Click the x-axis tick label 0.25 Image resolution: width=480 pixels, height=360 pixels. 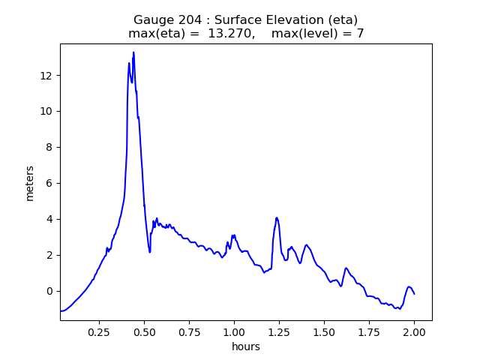pyautogui.click(x=99, y=331)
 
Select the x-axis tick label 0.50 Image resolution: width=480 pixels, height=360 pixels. pyautogui.click(x=144, y=331)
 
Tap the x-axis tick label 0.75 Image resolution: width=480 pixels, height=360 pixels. pyautogui.click(x=189, y=331)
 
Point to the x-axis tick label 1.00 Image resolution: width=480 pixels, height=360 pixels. pyautogui.click(x=234, y=331)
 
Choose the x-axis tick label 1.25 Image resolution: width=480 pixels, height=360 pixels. pyautogui.click(x=279, y=331)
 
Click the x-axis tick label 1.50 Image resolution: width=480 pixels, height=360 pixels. pyautogui.click(x=324, y=331)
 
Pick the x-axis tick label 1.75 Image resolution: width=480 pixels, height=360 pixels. pyautogui.click(x=369, y=331)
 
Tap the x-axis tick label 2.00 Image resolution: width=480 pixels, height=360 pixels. pyautogui.click(x=414, y=331)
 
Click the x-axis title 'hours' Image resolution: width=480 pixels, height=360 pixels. pyautogui.click(x=246, y=346)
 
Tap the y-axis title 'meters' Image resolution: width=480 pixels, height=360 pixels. pyautogui.click(x=30, y=183)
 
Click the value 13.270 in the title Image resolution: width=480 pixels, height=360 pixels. pyautogui.click(x=234, y=34)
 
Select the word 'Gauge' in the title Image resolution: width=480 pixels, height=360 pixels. pyautogui.click(x=153, y=19)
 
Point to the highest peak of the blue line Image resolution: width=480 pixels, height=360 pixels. pyautogui.click(x=133, y=52)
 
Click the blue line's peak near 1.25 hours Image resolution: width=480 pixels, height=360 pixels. pyautogui.click(x=277, y=217)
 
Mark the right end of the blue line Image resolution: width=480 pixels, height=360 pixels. pyautogui.click(x=414, y=293)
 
